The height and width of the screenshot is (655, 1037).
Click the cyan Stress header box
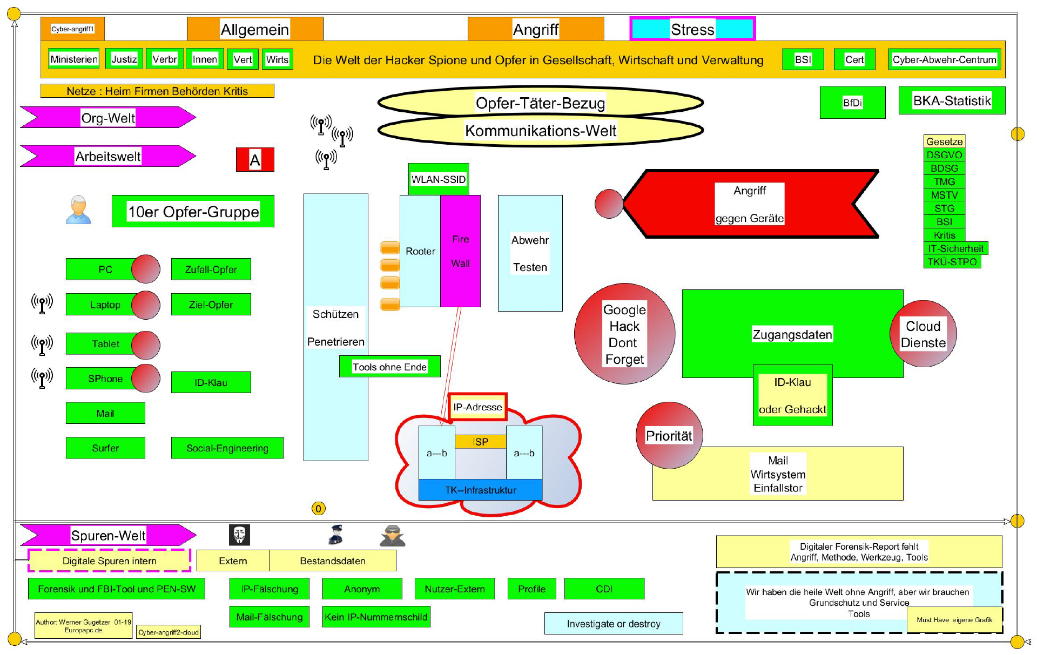pos(692,29)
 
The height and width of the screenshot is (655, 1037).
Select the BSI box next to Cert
pos(803,59)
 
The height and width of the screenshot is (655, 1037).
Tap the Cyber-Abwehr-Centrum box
pos(944,59)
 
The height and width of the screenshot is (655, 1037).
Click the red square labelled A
pos(255,159)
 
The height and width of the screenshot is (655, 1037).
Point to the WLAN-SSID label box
pos(438,179)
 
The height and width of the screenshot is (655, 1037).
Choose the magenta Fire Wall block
pos(460,251)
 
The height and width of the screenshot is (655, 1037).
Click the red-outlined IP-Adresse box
pos(477,407)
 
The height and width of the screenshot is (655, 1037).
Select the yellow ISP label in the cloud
pos(480,442)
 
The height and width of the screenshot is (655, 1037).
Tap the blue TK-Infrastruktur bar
pos(480,490)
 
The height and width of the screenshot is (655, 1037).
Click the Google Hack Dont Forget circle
pos(624,334)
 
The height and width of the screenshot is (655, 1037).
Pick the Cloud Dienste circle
pos(923,334)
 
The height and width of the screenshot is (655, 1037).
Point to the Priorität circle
pos(669,435)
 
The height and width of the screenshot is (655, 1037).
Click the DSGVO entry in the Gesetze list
pos(944,155)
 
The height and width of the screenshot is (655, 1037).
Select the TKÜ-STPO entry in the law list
pos(952,262)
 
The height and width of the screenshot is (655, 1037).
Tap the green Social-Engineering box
pos(227,448)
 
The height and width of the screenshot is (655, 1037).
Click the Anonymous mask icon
pos(239,535)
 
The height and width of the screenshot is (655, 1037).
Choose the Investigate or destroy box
pos(613,624)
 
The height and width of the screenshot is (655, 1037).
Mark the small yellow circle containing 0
pos(318,508)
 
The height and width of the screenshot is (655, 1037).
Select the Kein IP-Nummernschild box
pos(376,617)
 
